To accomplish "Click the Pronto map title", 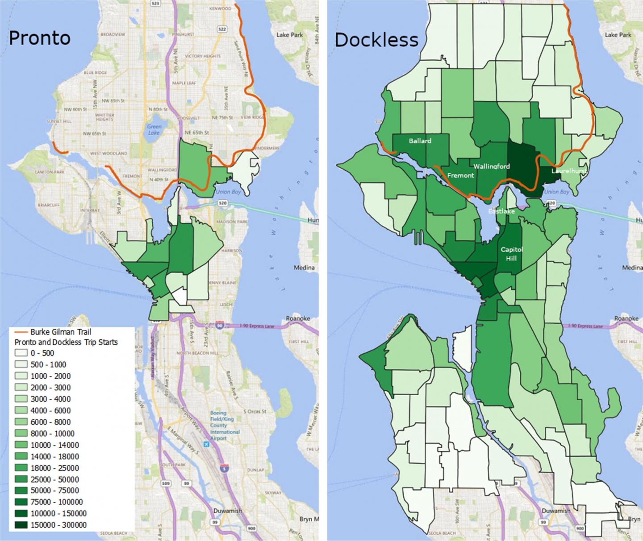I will [39, 38].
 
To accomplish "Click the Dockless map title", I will [376, 40].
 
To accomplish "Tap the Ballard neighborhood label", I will [420, 141].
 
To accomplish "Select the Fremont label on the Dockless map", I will [460, 175].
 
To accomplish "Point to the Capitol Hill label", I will [511, 254].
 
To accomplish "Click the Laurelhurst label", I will [568, 171].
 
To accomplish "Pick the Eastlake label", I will [501, 211].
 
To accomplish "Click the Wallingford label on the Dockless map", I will [491, 166].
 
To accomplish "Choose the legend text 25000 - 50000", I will [54, 479].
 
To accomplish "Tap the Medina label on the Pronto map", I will [304, 268].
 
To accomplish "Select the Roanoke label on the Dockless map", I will [626, 319].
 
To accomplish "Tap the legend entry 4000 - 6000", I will [50, 410].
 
